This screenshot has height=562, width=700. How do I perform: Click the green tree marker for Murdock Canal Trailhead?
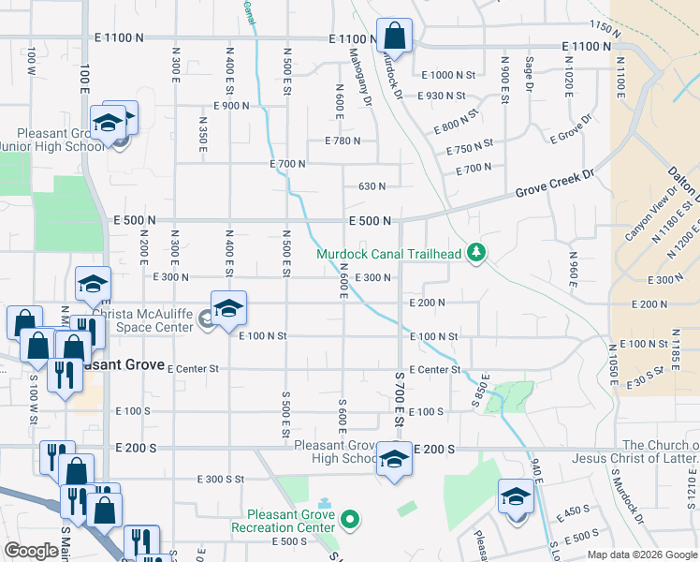point(477,253)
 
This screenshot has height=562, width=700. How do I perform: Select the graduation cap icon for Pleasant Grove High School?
point(394,459)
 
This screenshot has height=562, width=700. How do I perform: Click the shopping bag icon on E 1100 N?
point(394,37)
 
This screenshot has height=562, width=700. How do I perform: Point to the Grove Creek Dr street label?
point(555,185)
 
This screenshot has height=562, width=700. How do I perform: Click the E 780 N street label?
point(343,141)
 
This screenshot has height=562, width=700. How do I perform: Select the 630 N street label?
point(372,186)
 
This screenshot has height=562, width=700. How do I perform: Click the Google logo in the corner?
point(31,551)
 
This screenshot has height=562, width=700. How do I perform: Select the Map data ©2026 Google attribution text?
point(641,555)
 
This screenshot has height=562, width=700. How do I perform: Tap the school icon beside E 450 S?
point(515,496)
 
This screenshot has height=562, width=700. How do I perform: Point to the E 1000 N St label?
point(448,75)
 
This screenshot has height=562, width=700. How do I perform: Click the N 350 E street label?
point(202,132)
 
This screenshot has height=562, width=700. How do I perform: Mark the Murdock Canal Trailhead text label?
point(390,254)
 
